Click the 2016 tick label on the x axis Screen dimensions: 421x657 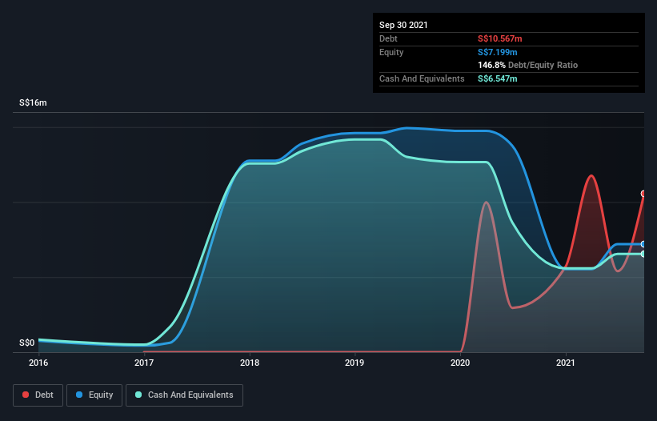[38, 363]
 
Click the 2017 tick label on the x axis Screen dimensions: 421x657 [144, 363]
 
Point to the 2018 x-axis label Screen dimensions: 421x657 [250, 363]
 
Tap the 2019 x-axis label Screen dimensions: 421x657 [355, 363]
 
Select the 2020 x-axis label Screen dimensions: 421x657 [461, 363]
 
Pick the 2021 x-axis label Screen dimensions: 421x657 [567, 363]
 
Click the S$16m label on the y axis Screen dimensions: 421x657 [33, 103]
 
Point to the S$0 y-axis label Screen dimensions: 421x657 [27, 343]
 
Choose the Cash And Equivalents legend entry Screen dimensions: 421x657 [184, 395]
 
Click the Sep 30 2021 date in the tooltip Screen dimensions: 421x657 [403, 25]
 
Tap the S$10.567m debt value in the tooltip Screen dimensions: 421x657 [499, 38]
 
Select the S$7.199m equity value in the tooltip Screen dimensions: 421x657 [497, 52]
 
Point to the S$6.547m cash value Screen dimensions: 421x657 [497, 78]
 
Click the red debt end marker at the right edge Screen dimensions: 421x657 [643, 194]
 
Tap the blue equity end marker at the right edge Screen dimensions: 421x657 [643, 244]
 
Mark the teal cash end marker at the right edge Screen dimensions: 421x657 [643, 254]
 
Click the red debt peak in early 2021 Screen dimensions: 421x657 [591, 175]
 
